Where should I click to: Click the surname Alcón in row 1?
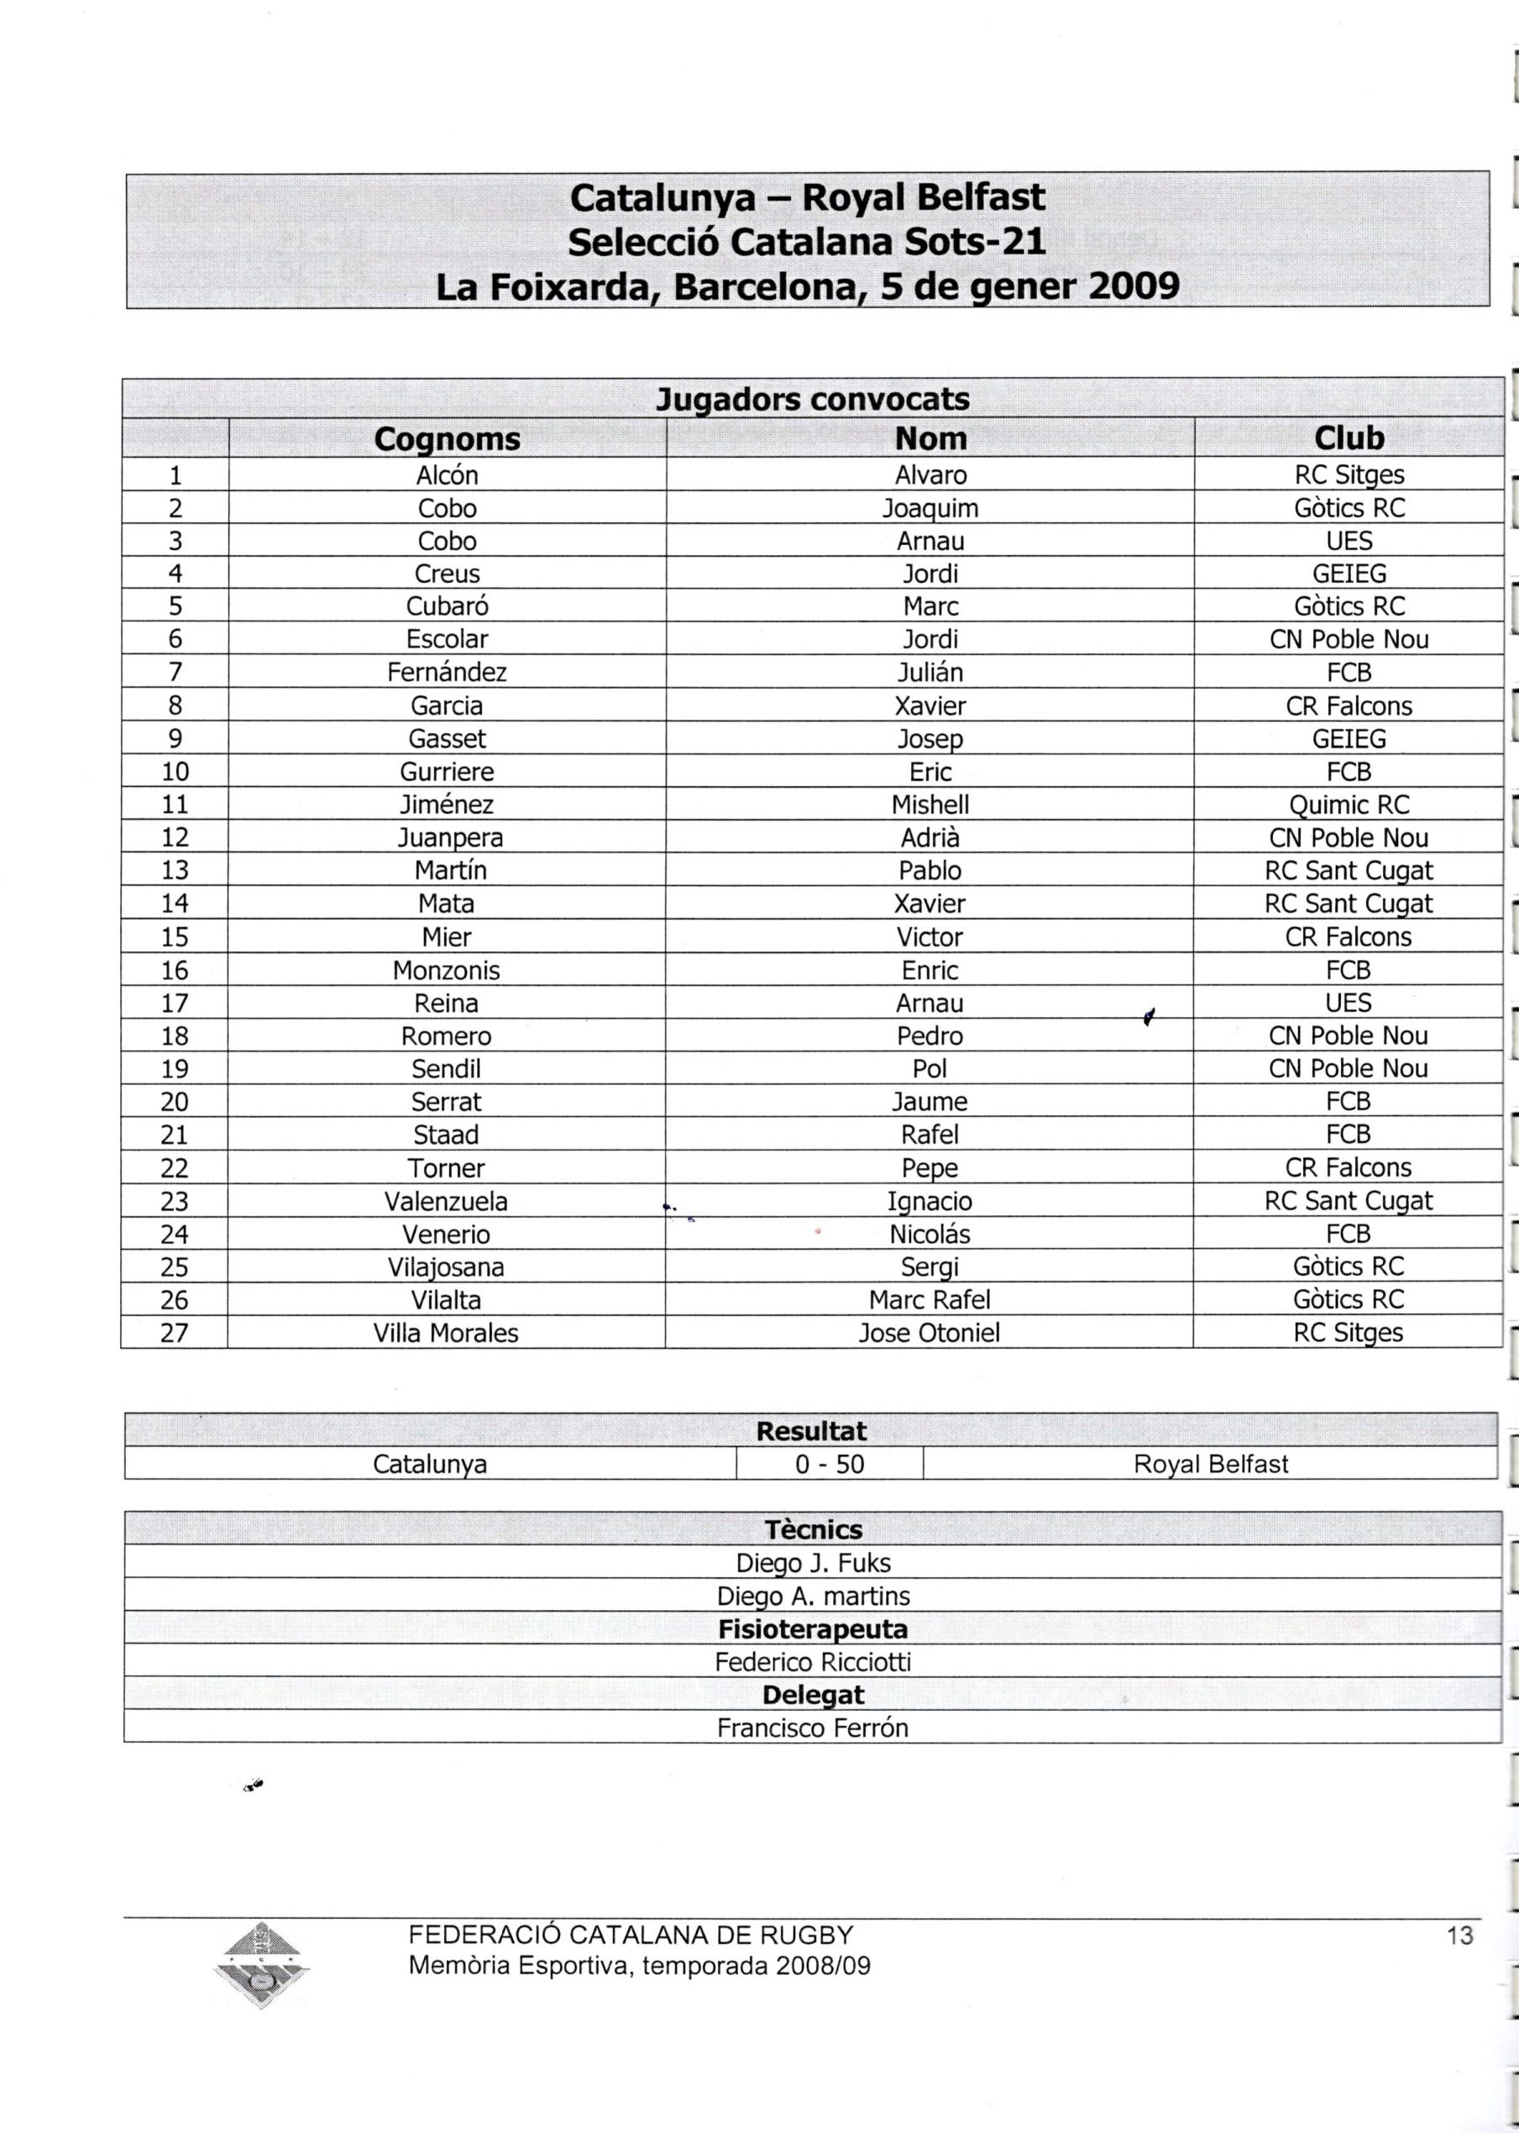447,475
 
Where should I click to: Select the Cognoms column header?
447,439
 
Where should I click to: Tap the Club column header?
1349,438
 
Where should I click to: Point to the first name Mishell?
930,805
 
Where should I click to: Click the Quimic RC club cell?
1349,805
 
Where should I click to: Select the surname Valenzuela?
446,1202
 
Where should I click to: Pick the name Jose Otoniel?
929,1334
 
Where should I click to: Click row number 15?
175,937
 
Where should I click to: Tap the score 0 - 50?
830,1465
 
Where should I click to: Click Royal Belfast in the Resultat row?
1210,1465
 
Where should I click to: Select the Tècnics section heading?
813,1530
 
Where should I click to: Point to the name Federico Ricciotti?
813,1662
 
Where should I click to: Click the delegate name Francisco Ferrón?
813,1728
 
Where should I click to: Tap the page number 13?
1459,1936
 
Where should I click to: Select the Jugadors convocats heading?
813,400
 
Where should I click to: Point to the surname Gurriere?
447,773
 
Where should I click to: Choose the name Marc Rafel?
929,1300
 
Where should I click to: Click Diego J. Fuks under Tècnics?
813,1563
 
